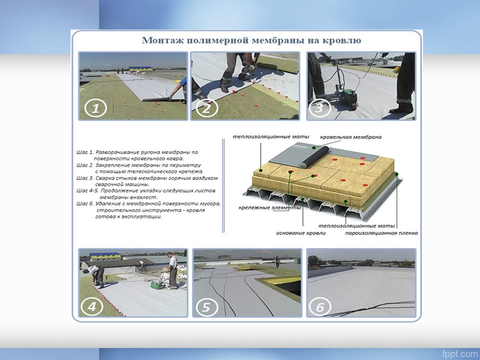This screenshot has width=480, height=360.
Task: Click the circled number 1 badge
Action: [x=95, y=108]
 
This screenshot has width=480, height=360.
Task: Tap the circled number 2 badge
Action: [x=206, y=108]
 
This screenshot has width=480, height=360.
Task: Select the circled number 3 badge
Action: [x=319, y=108]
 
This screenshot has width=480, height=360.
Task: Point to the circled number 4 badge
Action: [x=92, y=306]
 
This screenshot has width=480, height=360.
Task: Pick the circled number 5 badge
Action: [x=206, y=306]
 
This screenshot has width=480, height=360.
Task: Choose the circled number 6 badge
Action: [x=320, y=306]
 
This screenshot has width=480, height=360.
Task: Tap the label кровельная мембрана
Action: [x=351, y=137]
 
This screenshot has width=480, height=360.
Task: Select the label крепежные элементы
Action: [x=269, y=208]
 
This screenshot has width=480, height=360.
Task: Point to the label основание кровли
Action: [x=300, y=233]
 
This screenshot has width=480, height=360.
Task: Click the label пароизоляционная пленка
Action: [x=381, y=233]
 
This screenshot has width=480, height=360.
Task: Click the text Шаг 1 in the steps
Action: [x=84, y=152]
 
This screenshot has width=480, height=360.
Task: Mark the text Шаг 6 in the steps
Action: [x=85, y=203]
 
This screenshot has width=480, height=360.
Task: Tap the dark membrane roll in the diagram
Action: [x=314, y=156]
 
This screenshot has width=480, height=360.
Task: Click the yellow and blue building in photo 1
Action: [x=140, y=68]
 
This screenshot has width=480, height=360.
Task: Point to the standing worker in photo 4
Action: [x=172, y=270]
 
